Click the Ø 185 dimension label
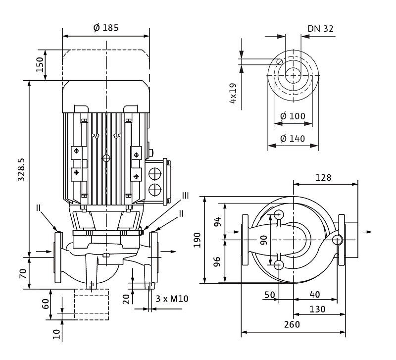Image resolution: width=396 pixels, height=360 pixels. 106,28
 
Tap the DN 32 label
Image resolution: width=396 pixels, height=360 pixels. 320,29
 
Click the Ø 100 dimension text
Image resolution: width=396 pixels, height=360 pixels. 293,116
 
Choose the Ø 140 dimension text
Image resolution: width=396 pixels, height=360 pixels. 293,139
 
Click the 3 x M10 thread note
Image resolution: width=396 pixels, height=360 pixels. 172,299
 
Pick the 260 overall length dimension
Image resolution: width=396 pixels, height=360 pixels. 292,324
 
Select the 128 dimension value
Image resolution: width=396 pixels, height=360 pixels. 323,178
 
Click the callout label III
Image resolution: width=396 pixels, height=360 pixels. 186,196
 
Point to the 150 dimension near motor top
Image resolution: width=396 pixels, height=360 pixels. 40,65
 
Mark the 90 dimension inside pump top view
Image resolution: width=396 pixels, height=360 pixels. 263,240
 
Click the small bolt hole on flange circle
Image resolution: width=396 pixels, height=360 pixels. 279,61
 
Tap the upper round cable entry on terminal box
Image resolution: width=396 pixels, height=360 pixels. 155,174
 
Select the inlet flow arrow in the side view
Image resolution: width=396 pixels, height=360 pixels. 44,252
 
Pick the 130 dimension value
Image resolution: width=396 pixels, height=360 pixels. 317,309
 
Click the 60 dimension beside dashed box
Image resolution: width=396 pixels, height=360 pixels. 45,304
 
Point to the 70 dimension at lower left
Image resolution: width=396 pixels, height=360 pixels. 23,274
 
